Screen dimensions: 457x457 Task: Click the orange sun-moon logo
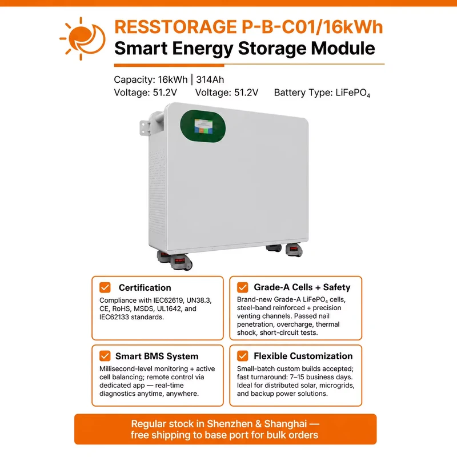pos(82,39)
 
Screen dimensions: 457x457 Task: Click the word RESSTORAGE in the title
pos(175,27)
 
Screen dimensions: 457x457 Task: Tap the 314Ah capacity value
pos(210,79)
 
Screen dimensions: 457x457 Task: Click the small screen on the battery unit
pos(203,126)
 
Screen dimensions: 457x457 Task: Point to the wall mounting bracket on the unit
pos(145,128)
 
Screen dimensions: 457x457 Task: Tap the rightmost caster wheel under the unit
pos(294,250)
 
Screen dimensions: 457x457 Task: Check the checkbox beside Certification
pos(105,287)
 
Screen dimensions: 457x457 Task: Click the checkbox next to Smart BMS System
pos(105,356)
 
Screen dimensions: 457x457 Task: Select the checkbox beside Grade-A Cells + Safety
pos(242,287)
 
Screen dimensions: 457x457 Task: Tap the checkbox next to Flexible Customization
pos(242,356)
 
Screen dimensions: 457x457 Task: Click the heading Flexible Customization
pos(303,356)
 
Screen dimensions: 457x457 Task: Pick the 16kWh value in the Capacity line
pos(173,79)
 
